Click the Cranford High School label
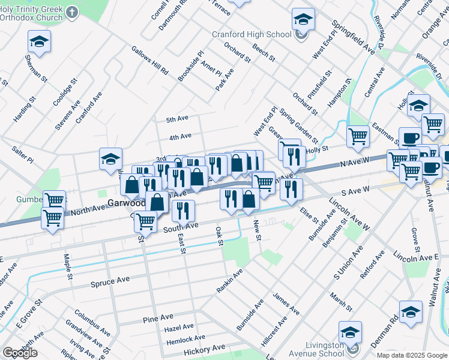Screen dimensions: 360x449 [251, 34]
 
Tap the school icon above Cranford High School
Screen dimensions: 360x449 [303, 19]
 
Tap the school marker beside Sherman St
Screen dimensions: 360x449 [39, 41]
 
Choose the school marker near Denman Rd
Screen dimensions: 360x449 [411, 312]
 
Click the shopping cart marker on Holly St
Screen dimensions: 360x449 [358, 136]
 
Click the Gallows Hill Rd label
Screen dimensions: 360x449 [149, 61]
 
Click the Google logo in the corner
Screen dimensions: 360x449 [20, 352]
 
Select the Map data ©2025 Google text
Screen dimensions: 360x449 [411, 355]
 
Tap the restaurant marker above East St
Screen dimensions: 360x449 [183, 211]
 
